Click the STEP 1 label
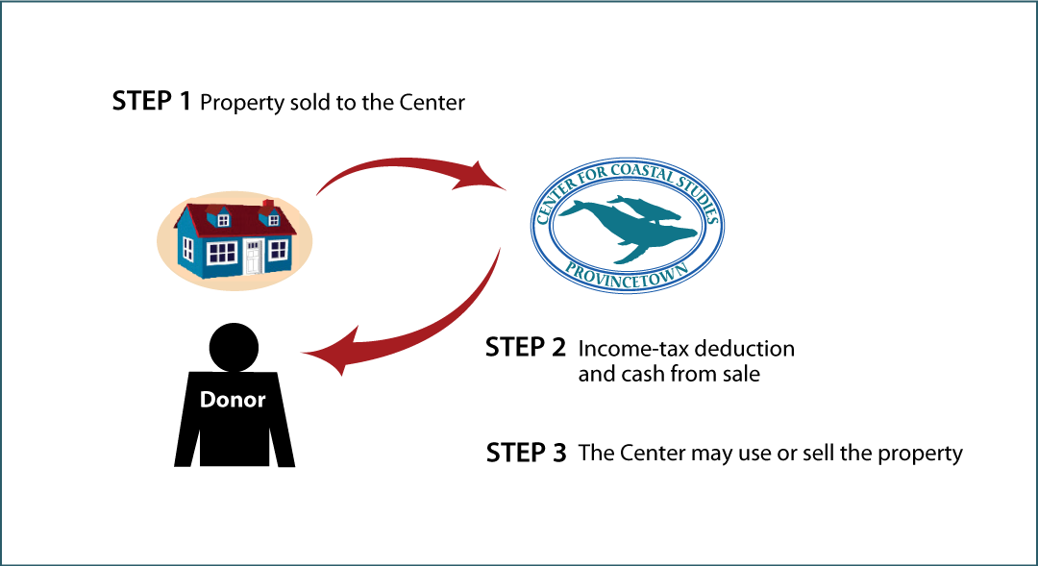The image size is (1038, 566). click(x=152, y=101)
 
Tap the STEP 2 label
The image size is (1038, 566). click(x=526, y=347)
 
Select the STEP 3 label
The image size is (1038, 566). click(x=527, y=453)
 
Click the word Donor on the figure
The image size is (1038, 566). click(x=233, y=399)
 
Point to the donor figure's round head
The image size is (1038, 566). click(x=234, y=347)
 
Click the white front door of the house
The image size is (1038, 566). click(x=253, y=257)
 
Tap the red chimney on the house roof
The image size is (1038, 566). click(x=268, y=203)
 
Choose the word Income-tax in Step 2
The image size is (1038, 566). click(x=630, y=348)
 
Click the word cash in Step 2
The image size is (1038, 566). click(x=642, y=374)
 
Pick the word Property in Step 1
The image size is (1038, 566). click(x=242, y=103)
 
